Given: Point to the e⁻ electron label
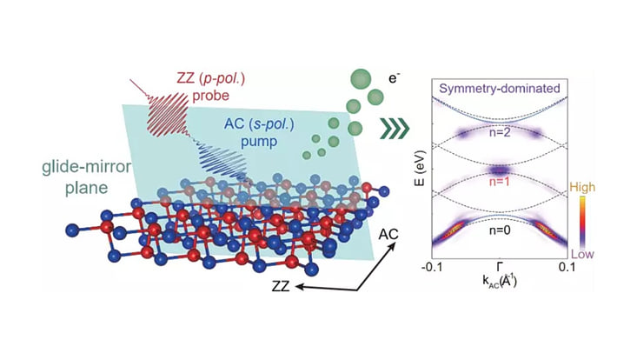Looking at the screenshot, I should [394, 79].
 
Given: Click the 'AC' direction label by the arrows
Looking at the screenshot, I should [390, 234].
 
